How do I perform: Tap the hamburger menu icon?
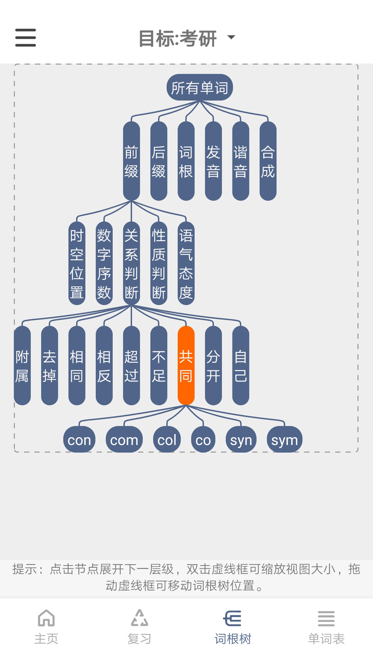point(26,38)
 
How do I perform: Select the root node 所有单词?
point(200,88)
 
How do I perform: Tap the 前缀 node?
point(131,161)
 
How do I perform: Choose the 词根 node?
point(186,161)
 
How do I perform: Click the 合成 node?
point(268,161)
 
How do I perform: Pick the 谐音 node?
point(241,161)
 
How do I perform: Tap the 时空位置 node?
point(77,263)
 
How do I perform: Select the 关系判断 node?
point(131,263)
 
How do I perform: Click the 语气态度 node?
point(186,263)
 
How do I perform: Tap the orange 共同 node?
point(186,366)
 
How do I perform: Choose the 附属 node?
point(22,366)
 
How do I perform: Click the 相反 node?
point(104,366)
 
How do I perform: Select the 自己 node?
point(241,366)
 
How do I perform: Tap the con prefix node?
point(79,440)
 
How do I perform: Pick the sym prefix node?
point(284,440)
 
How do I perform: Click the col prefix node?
point(167,440)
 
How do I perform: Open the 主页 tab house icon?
point(46,618)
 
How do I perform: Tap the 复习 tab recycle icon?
point(140,618)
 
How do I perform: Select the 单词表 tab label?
point(326,639)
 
